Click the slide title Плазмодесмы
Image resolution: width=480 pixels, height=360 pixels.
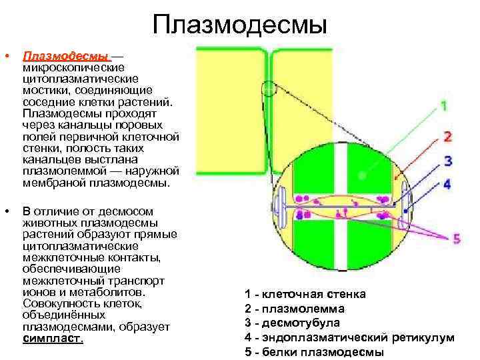tap(240, 25)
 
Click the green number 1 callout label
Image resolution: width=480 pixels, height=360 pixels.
tap(444, 105)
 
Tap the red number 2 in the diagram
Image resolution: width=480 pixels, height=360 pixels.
tap(447, 137)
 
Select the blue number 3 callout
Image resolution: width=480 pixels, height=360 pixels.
tap(447, 161)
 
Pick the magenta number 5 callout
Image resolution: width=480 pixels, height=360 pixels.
tap(456, 238)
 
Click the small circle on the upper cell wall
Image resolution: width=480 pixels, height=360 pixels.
tap(269, 89)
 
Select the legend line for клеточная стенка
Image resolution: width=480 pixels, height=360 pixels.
tap(305, 294)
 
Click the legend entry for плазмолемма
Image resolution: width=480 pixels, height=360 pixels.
tap(295, 309)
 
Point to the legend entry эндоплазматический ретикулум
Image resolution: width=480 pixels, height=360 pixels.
tap(349, 338)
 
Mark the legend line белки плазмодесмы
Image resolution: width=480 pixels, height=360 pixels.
tap(314, 353)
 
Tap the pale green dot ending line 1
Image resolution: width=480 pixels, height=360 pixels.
tap(361, 176)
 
